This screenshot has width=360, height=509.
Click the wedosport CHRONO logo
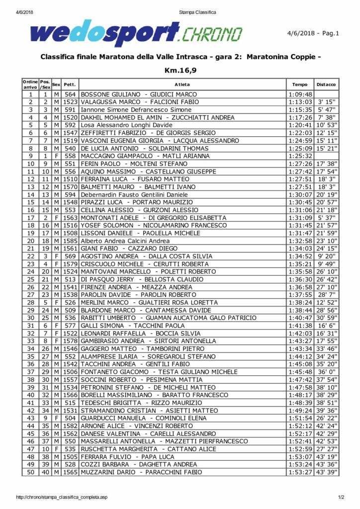point(136,34)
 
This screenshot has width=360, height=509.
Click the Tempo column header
point(300,85)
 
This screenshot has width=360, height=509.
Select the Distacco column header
point(326,85)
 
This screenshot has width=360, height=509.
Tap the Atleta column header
point(182,85)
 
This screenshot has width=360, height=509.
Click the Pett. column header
point(70,85)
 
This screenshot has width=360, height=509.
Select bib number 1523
point(70,102)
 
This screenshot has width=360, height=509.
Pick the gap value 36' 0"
point(327,372)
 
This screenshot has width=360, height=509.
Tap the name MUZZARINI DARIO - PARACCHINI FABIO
point(139,472)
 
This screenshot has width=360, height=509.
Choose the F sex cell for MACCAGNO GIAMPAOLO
point(56,156)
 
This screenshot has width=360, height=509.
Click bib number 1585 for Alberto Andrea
point(70,241)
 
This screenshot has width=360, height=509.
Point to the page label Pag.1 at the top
point(330,34)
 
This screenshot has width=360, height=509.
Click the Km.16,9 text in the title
point(180,70)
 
